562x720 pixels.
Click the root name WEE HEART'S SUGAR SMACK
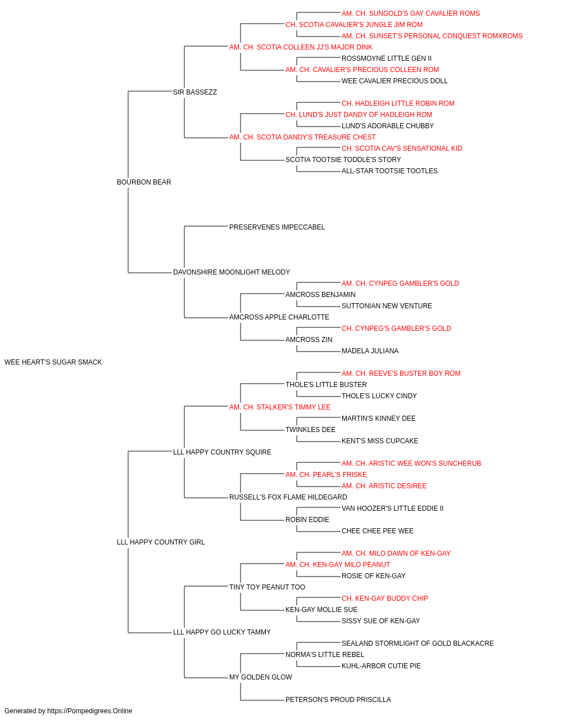coord(53,362)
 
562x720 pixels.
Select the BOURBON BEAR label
coord(144,182)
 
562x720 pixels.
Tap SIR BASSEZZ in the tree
coord(194,92)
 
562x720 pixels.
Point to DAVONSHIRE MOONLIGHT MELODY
coord(232,272)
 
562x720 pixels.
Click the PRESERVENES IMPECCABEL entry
coord(277,227)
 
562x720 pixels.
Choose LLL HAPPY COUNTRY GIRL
coord(161,542)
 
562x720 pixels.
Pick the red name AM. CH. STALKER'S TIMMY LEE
coord(280,407)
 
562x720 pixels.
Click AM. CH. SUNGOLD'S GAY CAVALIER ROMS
coord(410,13)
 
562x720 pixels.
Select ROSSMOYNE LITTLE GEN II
coord(386,58)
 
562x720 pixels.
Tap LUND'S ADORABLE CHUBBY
coord(388,126)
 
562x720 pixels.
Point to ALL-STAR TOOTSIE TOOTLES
coord(389,171)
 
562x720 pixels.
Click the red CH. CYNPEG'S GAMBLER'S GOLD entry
coord(396,328)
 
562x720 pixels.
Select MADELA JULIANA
coord(370,351)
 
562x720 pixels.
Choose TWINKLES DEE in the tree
coord(310,430)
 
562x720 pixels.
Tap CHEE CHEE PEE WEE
coord(377,531)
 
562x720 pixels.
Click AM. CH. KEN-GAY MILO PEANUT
coord(338,565)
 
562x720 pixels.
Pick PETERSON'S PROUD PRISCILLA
coord(338,699)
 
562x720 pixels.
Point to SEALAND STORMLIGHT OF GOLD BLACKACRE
coord(418,643)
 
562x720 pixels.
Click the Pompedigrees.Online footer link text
coord(89,711)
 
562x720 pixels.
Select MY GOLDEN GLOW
coord(260,677)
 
